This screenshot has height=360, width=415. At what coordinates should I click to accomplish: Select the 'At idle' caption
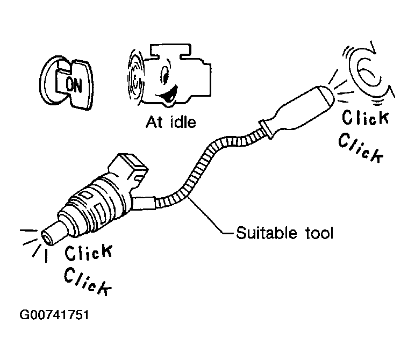coord(171,122)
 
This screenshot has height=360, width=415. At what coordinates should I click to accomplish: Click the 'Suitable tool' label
coord(285,233)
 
